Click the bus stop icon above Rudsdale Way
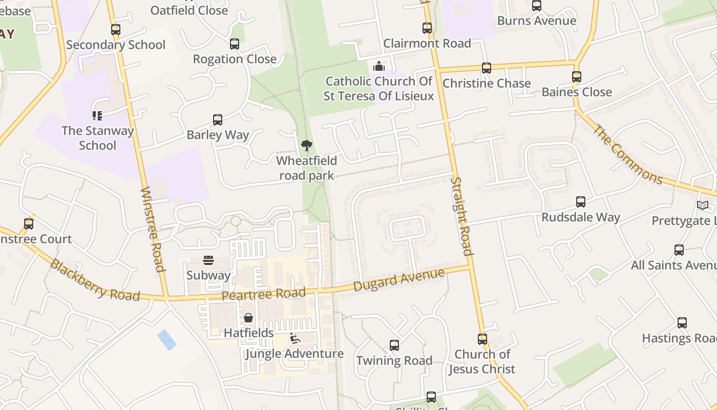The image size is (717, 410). click(580, 202)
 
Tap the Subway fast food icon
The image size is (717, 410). click(208, 260)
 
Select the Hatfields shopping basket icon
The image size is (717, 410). click(248, 318)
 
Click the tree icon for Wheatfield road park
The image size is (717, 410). click(306, 146)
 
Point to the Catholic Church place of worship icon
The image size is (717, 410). click(378, 66)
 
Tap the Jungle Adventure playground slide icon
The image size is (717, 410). click(294, 338)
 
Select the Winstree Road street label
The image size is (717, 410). click(153, 229)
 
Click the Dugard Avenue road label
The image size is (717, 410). click(399, 279)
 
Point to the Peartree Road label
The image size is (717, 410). click(264, 294)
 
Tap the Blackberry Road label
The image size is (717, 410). click(95, 280)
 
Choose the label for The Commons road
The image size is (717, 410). click(628, 154)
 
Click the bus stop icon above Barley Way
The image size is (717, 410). click(218, 120)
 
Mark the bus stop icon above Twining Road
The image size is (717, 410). click(394, 345)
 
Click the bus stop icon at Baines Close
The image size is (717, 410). click(577, 77)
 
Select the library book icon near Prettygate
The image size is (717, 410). click(703, 206)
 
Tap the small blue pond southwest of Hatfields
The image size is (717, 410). click(167, 340)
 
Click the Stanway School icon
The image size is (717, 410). click(97, 116)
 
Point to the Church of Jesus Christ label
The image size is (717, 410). click(482, 361)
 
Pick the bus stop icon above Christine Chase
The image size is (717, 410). click(486, 68)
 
